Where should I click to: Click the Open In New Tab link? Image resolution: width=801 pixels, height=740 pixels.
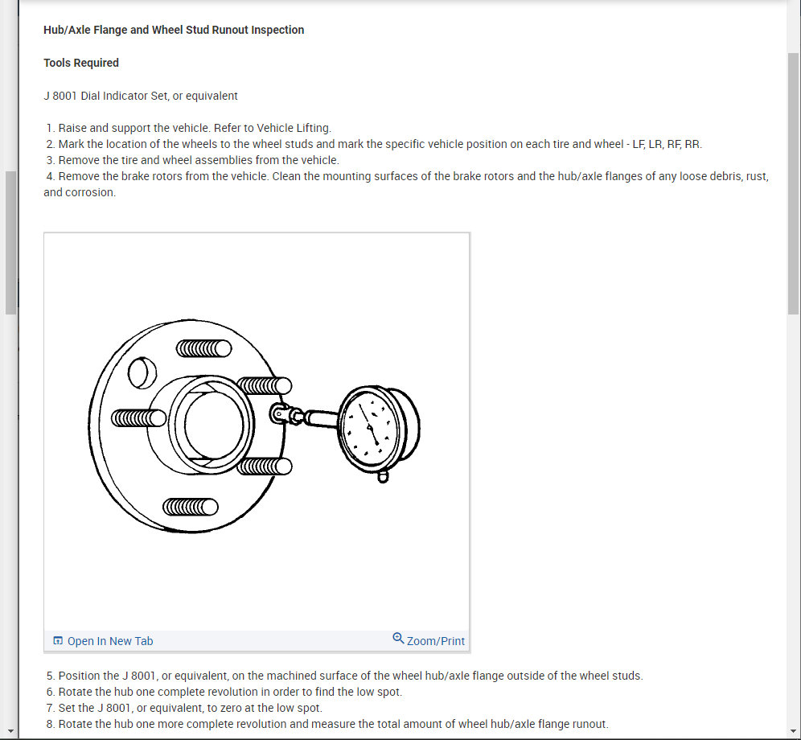pyautogui.click(x=109, y=641)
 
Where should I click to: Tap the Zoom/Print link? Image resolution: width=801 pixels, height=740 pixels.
pyautogui.click(x=435, y=641)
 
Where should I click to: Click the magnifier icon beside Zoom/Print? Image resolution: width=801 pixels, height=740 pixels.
pyautogui.click(x=398, y=639)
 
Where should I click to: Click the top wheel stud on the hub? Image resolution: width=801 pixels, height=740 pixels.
pyautogui.click(x=203, y=348)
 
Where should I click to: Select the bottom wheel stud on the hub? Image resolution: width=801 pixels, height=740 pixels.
pyautogui.click(x=190, y=507)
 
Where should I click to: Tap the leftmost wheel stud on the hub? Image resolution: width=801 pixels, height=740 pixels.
pyautogui.click(x=138, y=417)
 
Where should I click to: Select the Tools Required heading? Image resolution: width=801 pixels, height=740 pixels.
pyautogui.click(x=81, y=63)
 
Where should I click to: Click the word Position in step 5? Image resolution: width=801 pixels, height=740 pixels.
pyautogui.click(x=80, y=676)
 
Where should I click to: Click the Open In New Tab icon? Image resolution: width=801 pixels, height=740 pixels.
pyautogui.click(x=58, y=641)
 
